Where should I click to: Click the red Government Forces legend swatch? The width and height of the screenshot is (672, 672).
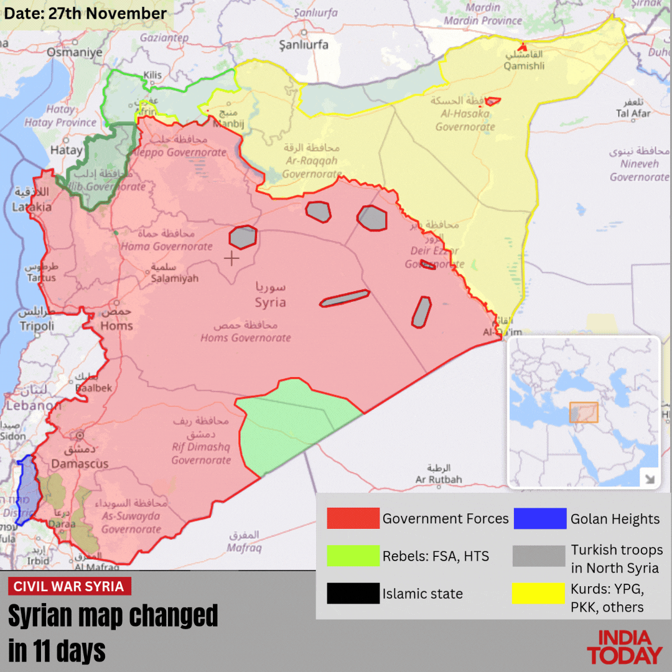coord(353,518)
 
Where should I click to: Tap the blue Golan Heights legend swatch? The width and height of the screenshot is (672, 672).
coord(539,518)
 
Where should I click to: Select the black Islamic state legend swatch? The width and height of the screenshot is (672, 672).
coord(353,593)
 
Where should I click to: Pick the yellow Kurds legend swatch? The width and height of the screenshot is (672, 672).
coord(539,593)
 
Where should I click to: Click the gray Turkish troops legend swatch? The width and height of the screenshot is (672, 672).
coord(539,556)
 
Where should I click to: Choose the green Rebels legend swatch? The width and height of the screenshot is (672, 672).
coord(353,556)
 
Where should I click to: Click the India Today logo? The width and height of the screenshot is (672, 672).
coord(624,648)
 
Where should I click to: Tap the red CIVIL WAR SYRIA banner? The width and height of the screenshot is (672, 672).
coord(70,586)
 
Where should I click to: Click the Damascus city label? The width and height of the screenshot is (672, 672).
coord(80,464)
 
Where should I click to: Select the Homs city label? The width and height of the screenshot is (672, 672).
coord(116,325)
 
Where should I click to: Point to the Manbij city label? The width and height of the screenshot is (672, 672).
coord(228,124)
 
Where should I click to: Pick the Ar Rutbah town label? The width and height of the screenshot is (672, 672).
coord(439,479)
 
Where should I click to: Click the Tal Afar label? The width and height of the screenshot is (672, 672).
coord(633,113)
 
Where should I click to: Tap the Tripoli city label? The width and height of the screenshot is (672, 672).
coord(37,325)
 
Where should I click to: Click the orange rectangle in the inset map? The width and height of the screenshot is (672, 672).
coord(583,413)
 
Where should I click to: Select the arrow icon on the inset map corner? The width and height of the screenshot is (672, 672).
coord(649,478)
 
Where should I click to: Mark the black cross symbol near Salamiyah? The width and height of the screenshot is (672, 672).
coord(231,259)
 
